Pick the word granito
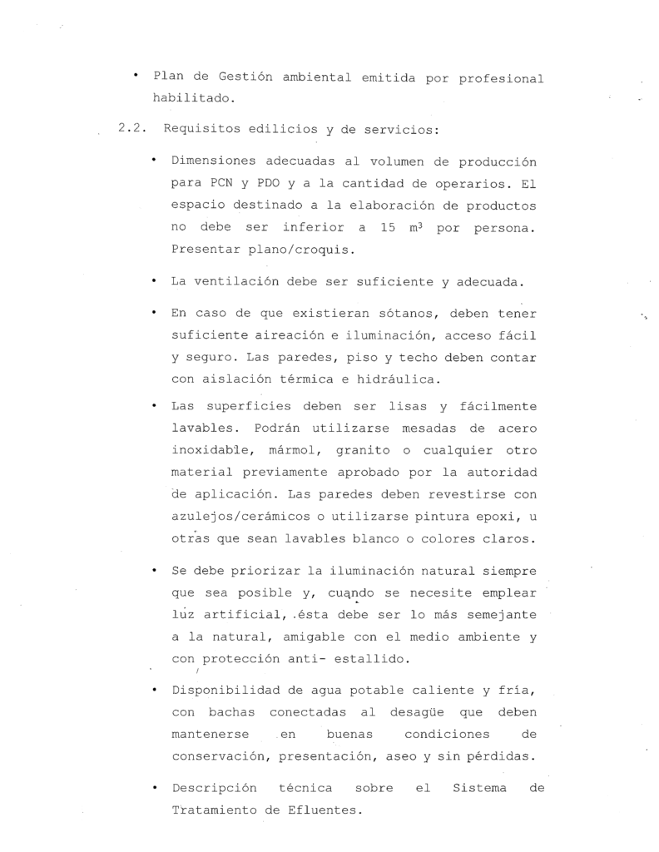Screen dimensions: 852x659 (361, 450)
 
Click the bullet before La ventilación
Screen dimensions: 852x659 (155, 281)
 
